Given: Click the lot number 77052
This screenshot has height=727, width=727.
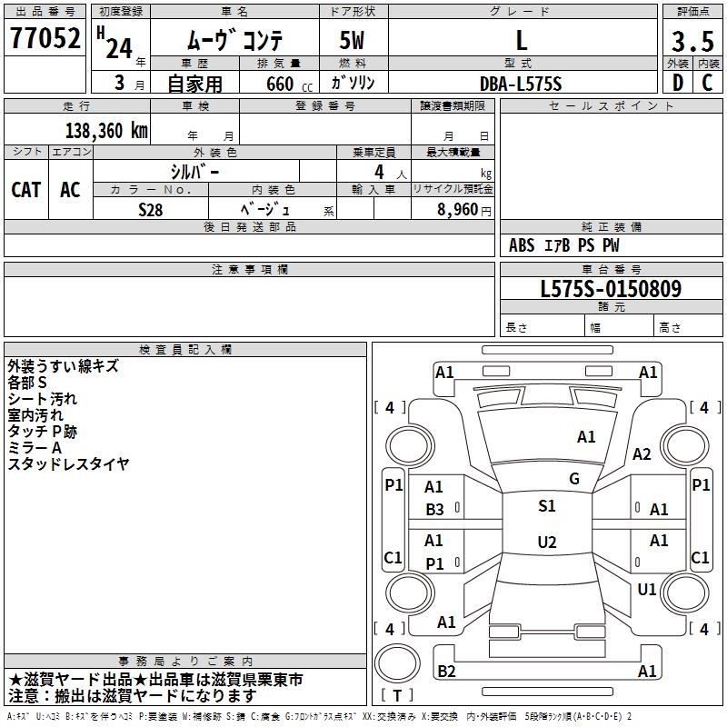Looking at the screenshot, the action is tap(45, 39).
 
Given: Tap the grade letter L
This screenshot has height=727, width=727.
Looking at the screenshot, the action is tap(521, 40).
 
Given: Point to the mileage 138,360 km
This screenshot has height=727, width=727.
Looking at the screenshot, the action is tap(106, 130).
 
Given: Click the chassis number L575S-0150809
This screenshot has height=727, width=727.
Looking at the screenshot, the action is tap(611, 290).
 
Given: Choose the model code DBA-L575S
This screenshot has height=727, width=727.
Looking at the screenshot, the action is tap(521, 84).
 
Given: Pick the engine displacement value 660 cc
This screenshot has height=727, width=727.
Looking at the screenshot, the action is tap(278, 84).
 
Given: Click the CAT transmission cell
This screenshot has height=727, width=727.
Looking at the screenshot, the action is tap(25, 189).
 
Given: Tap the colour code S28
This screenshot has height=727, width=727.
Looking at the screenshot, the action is tap(151, 208).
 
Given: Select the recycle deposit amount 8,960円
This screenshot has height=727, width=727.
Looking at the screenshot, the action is tap(463, 209).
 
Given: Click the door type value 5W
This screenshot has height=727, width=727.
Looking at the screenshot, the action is tap(353, 40).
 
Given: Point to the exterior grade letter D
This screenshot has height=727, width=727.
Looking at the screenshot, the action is tap(677, 83).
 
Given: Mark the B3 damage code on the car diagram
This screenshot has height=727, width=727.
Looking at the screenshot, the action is tap(435, 510).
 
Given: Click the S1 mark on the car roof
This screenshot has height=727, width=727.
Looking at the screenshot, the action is tap(546, 506).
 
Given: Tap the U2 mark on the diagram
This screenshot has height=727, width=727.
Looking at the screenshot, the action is tap(546, 543).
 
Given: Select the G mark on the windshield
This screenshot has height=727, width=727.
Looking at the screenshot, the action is tap(573, 479).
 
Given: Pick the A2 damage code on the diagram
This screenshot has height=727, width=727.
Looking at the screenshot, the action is tap(642, 454).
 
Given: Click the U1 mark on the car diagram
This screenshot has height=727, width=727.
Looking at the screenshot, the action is tap(646, 590).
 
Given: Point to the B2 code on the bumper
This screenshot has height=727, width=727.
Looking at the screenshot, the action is tap(446, 672).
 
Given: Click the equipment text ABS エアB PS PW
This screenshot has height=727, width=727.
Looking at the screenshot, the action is tap(564, 245).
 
